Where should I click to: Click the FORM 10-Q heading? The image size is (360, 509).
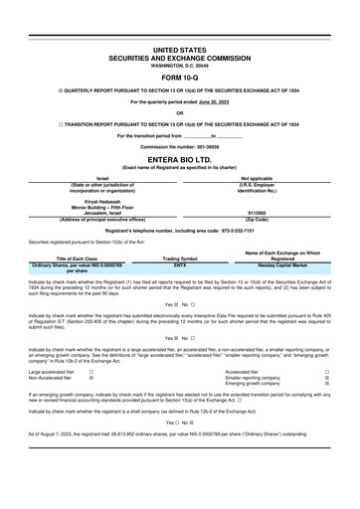tap(179, 79)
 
